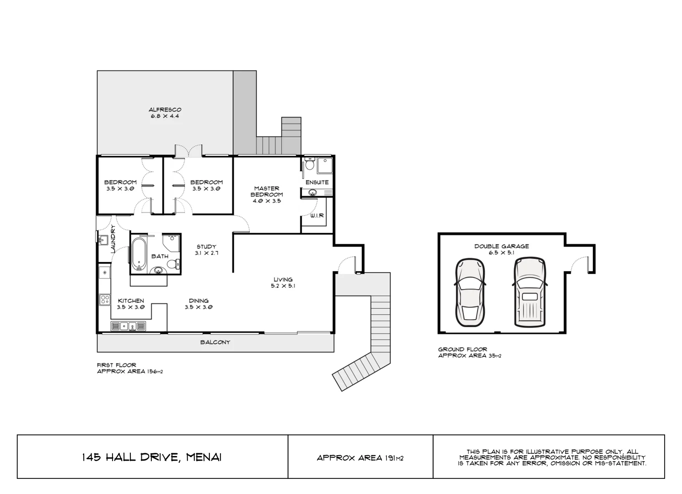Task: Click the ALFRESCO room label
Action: (x=165, y=110)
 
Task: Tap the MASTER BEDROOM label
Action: (x=267, y=191)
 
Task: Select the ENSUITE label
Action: (x=317, y=182)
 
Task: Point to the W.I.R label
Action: (x=317, y=215)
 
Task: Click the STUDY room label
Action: (x=206, y=247)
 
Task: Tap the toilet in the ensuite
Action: (x=310, y=164)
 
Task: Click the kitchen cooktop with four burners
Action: (x=105, y=300)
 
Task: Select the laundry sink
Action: (x=102, y=239)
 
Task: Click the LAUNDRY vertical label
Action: (x=113, y=239)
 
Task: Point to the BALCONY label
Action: (x=215, y=342)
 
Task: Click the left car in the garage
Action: (x=470, y=293)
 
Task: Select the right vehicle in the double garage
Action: (x=530, y=293)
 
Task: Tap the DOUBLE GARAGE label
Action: (x=501, y=246)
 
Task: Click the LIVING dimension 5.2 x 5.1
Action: (x=283, y=286)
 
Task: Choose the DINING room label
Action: (x=199, y=301)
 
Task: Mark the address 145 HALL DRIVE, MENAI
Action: (x=152, y=457)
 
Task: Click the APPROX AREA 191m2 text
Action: (x=360, y=457)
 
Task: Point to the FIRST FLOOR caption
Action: (x=116, y=365)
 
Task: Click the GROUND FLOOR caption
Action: (x=462, y=349)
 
